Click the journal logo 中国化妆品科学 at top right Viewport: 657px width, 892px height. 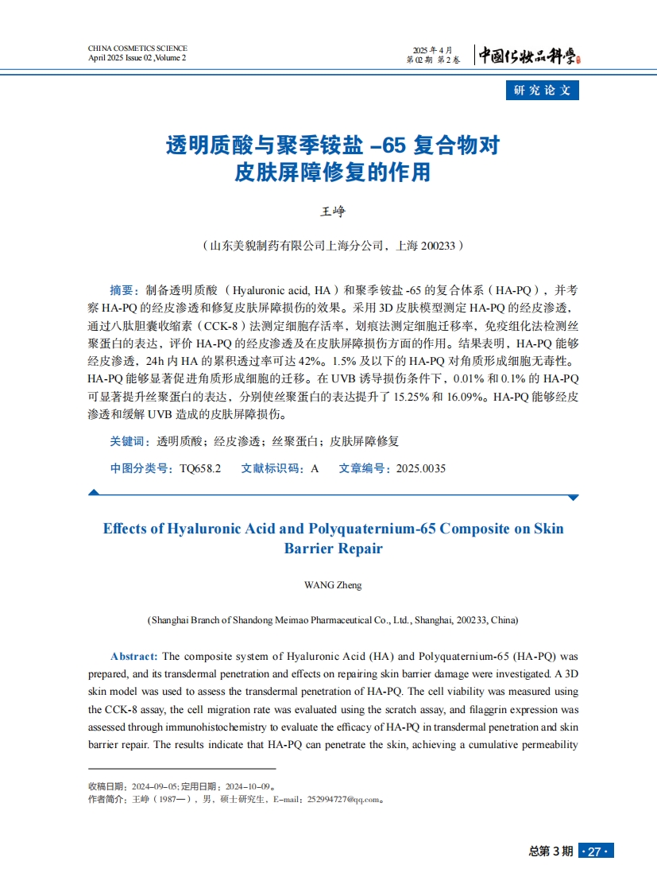529,55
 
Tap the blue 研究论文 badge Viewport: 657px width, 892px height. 543,90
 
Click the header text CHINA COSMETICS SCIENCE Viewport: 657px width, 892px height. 137,48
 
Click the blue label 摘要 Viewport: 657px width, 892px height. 122,289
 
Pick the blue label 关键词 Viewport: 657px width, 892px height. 127,441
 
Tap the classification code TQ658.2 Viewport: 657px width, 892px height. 200,469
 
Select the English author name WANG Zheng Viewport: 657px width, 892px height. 333,585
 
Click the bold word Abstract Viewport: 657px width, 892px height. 134,657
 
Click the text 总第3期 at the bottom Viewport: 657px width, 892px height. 551,851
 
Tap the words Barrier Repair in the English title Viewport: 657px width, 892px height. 333,549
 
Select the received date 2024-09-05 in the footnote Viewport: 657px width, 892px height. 155,786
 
